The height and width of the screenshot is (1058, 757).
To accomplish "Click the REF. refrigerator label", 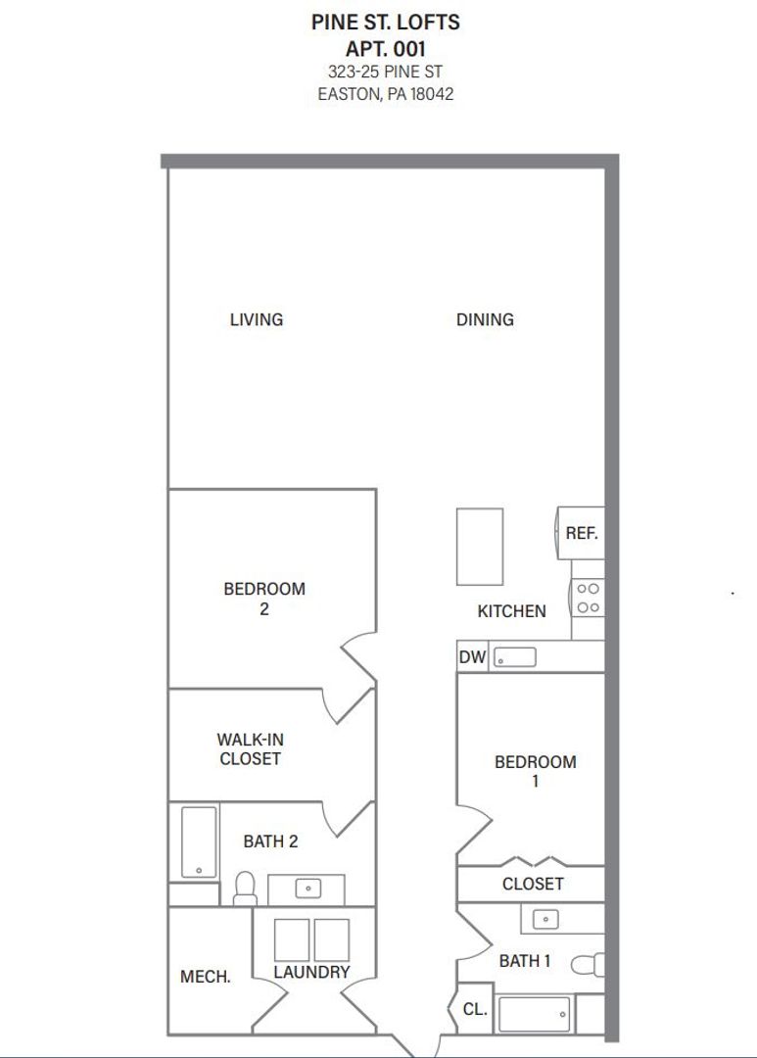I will point(581,534).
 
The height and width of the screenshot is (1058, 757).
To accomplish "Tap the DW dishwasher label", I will point(472,657).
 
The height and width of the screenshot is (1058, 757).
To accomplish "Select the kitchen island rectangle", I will point(480,547).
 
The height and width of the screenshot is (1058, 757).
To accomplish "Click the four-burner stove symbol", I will point(588,598).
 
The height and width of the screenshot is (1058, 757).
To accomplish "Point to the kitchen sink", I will point(514,657).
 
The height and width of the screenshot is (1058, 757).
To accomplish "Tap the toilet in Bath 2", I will point(245,888).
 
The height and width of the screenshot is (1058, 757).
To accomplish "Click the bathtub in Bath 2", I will point(199,842).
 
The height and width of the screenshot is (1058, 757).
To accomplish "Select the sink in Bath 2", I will point(308,889).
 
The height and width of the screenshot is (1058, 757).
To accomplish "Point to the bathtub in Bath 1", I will point(534,1014).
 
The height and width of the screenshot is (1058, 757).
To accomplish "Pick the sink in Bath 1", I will point(544,919).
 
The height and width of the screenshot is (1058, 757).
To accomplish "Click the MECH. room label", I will point(206,977).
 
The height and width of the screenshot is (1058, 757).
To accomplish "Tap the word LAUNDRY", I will point(311,973).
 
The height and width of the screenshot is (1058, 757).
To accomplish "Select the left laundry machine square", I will point(292,939).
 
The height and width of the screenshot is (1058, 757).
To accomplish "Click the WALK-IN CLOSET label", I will point(250,749).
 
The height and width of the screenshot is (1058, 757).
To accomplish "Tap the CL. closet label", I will point(474,1009).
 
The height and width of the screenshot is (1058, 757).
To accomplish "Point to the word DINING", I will point(485,319).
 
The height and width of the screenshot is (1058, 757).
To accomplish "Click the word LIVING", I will point(257,319).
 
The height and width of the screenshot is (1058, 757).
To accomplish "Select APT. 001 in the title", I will point(386,48).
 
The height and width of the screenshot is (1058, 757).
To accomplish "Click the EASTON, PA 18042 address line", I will point(386,95).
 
